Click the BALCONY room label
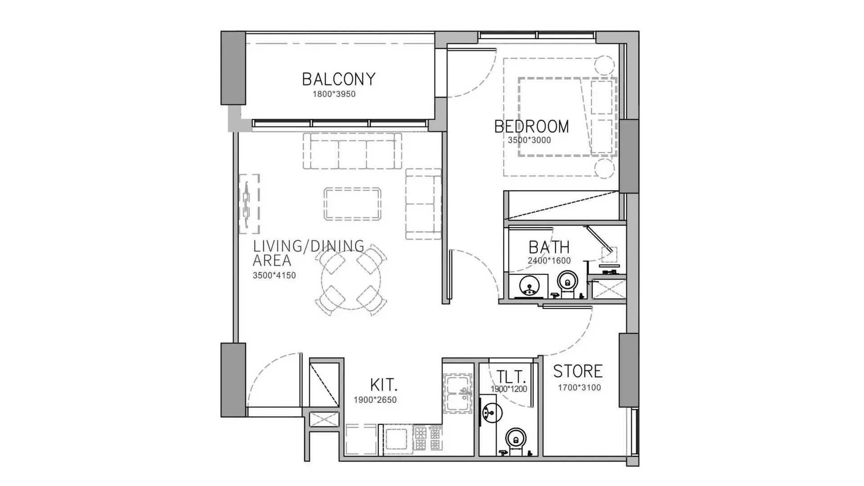pyautogui.click(x=338, y=79)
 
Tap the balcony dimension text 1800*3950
pyautogui.click(x=334, y=94)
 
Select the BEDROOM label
pyautogui.click(x=531, y=126)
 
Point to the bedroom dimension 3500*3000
pyautogui.click(x=529, y=140)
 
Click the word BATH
pyautogui.click(x=549, y=247)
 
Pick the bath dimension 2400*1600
pyautogui.click(x=549, y=261)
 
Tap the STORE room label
pyautogui.click(x=578, y=371)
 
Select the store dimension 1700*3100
pyautogui.click(x=579, y=387)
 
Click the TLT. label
pyautogui.click(x=511, y=377)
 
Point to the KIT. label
pyautogui.click(x=383, y=385)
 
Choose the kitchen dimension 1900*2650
pyautogui.click(x=375, y=400)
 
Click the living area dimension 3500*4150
pyautogui.click(x=274, y=275)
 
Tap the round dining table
pyautogui.click(x=351, y=279)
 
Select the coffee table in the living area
pyautogui.click(x=352, y=204)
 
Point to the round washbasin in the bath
pyautogui.click(x=529, y=285)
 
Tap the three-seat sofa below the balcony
pyautogui.click(x=352, y=151)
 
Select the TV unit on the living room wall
pyautogui.click(x=249, y=204)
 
